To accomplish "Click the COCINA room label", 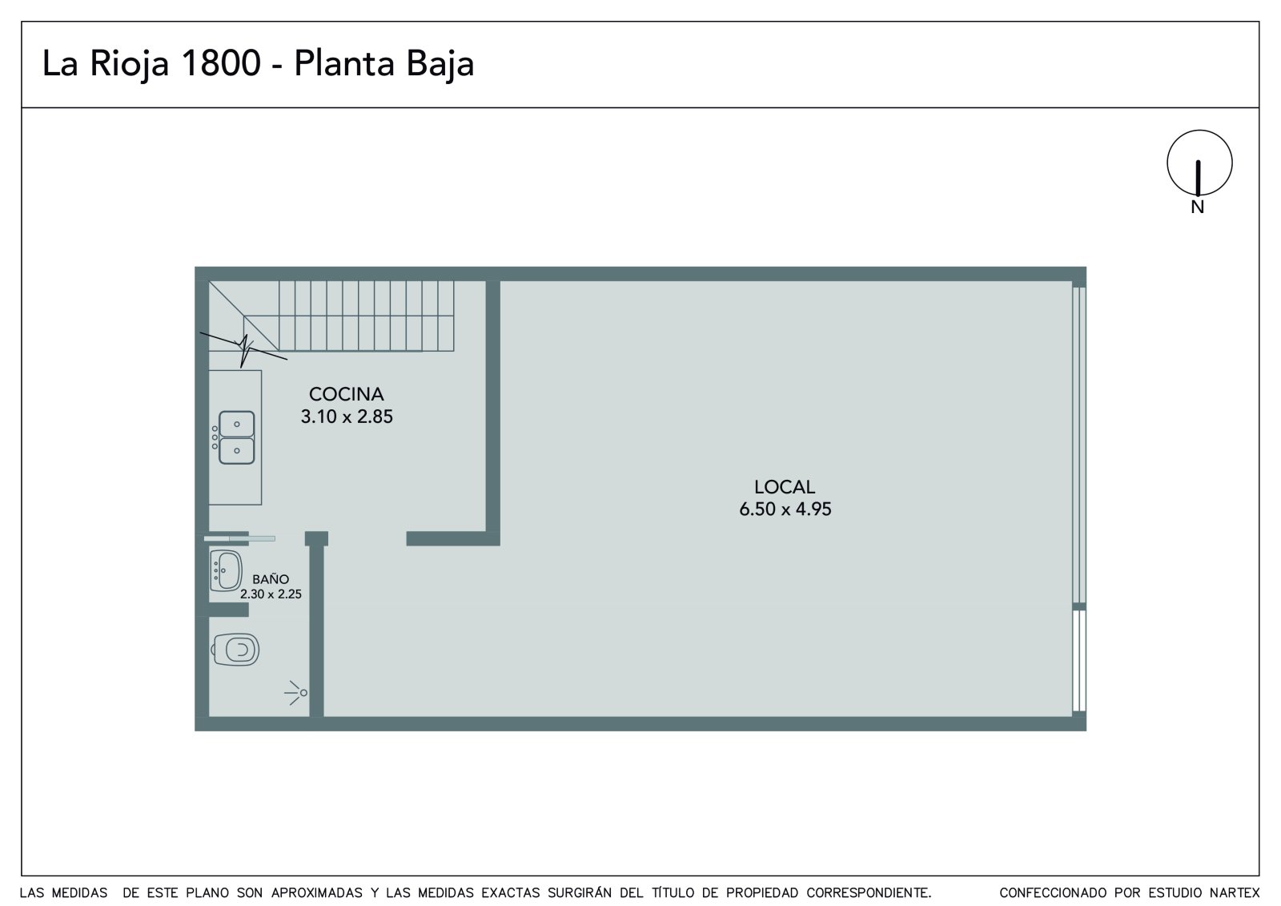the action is pos(346,394).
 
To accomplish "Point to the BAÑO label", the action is pos(271,578).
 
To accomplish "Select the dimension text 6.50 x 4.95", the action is pos(785,509).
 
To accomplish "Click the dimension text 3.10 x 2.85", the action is pos(347,417).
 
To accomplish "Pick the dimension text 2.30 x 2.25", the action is pos(271,594).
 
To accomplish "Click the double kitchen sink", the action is pos(236,437).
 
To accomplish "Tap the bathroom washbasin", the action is pos(226,570).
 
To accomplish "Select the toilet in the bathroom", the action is pos(235,650).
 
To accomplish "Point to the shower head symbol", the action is pos(296,693).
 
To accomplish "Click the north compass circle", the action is pos(1200,163).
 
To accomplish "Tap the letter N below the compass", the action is pos(1198,207).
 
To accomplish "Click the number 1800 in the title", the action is pos(221,63).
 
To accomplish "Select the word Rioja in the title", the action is pos(129,64).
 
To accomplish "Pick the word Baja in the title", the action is pos(440,64).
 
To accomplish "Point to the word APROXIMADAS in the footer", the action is pos(317,892).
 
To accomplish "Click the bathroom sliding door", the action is pos(239,538).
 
